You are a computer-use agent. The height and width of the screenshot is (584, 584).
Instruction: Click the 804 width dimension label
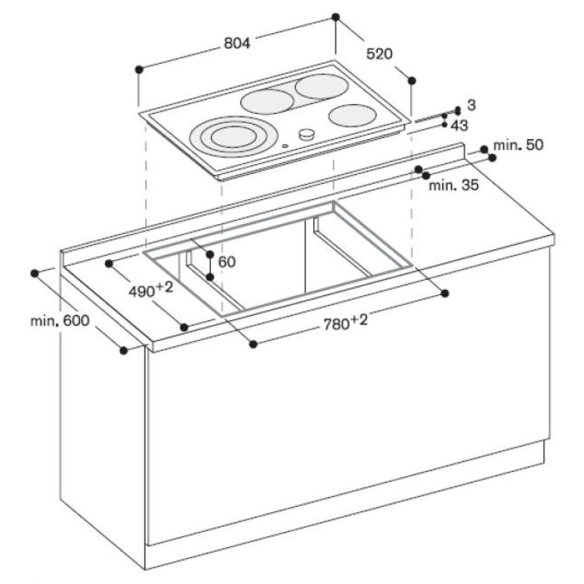[x=237, y=44]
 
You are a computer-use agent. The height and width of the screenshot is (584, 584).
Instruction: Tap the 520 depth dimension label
[x=380, y=54]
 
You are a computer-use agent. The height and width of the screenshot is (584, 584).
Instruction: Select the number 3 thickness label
[x=471, y=105]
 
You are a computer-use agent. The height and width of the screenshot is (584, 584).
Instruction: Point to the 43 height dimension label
[x=459, y=126]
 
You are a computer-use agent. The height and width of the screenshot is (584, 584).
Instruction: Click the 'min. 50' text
[x=518, y=145]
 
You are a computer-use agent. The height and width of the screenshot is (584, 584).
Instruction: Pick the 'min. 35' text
[x=454, y=185]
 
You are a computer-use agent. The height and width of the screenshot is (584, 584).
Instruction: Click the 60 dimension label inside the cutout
[x=227, y=262]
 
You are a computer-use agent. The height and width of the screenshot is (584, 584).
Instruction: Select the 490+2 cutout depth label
[x=151, y=290]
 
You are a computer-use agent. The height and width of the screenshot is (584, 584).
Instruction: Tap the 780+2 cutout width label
[x=345, y=322]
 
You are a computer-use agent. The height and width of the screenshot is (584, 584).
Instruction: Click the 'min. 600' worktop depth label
[x=60, y=320]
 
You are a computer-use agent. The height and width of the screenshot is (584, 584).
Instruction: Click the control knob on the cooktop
[x=307, y=134]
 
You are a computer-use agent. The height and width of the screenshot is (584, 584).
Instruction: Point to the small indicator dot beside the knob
[x=286, y=146]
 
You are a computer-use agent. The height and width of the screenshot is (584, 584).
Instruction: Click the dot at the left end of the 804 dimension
[x=140, y=69]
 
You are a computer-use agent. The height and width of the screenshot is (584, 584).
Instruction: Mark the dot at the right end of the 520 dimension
[x=412, y=81]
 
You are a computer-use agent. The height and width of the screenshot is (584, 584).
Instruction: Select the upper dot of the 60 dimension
[x=210, y=254]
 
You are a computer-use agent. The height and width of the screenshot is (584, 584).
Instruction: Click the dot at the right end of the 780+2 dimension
[x=444, y=293]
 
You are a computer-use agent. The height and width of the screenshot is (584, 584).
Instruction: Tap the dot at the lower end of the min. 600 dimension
[x=124, y=350]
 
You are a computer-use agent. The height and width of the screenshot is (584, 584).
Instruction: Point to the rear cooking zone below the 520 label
[x=317, y=86]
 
